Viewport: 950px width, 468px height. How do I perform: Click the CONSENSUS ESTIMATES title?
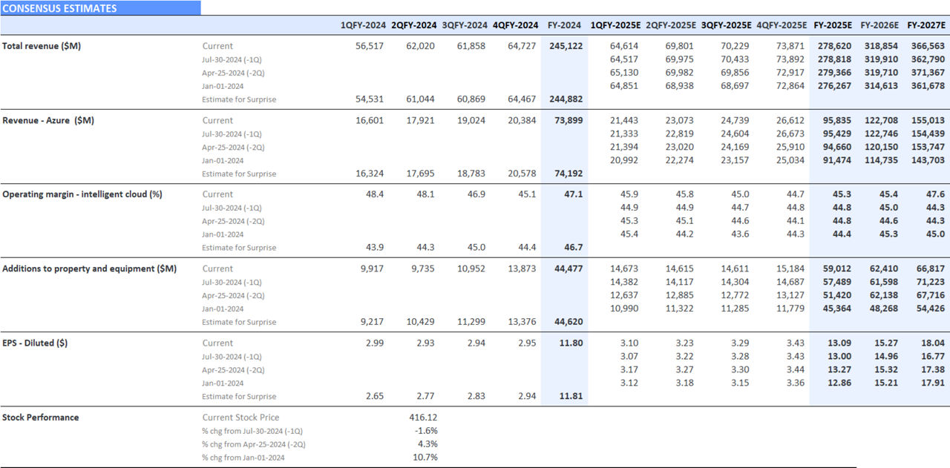[60, 8]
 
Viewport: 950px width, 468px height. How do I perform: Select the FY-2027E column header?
[926, 25]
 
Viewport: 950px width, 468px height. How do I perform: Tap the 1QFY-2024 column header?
[363, 25]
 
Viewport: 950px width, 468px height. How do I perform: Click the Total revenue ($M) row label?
[42, 46]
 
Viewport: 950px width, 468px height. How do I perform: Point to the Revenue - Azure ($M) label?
[48, 120]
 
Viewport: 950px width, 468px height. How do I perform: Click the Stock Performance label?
[41, 417]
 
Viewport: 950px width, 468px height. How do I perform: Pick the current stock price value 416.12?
[423, 418]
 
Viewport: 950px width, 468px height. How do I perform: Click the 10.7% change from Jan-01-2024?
[425, 457]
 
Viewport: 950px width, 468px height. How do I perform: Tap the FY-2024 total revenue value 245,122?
[566, 46]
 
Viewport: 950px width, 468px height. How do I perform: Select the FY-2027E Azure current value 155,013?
[928, 120]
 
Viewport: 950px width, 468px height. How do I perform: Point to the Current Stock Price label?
[241, 418]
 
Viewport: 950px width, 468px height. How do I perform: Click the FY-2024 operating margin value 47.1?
[572, 194]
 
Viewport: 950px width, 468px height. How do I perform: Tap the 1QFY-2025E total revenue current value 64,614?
[624, 46]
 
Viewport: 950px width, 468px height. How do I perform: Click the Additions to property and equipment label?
[89, 268]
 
